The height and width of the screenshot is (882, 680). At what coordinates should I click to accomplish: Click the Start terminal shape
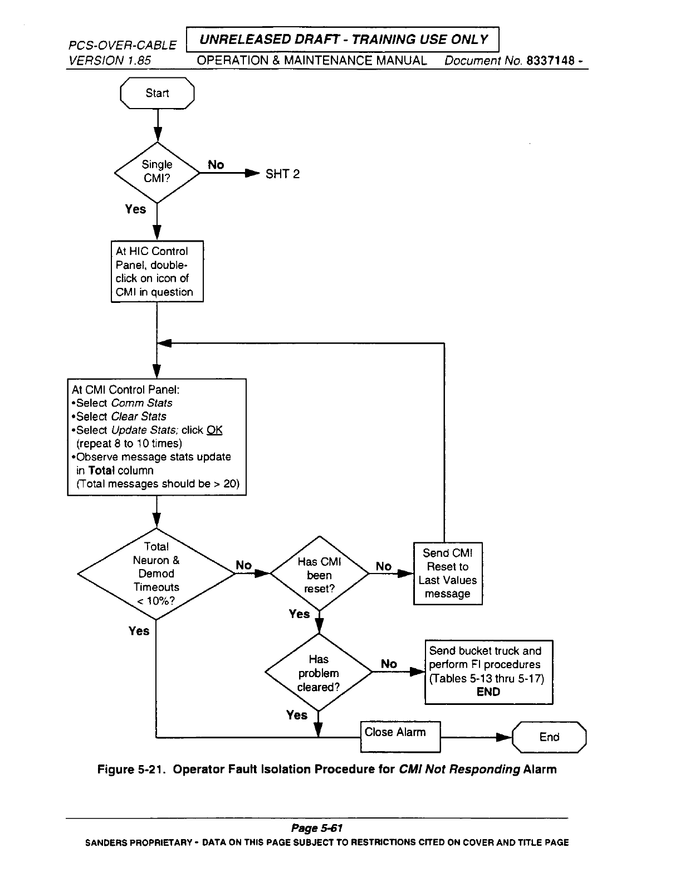157,93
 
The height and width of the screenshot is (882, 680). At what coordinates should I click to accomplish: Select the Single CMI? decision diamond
157,172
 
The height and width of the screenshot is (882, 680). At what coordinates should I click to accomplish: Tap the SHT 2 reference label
282,174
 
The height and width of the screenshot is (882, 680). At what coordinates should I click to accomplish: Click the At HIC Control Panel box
157,271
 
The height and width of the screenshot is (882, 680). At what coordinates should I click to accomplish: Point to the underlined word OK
214,430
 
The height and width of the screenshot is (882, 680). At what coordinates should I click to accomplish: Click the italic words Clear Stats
139,416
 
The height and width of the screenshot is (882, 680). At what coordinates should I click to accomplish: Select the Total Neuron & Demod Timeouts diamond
156,574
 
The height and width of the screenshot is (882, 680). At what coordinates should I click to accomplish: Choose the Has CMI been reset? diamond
319,574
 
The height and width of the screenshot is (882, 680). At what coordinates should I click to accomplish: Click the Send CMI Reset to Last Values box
448,574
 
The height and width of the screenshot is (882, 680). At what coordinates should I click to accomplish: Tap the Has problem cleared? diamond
318,673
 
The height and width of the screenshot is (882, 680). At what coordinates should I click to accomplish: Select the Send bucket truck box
488,672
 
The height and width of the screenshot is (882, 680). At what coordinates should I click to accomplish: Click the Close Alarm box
400,736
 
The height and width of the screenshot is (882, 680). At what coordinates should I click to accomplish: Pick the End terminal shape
549,737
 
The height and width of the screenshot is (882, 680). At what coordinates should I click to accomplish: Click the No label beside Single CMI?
216,165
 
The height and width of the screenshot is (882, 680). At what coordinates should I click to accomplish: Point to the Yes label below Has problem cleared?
297,715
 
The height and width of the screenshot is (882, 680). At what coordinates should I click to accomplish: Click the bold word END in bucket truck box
488,692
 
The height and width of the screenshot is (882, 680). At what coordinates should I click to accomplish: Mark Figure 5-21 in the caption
132,770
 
